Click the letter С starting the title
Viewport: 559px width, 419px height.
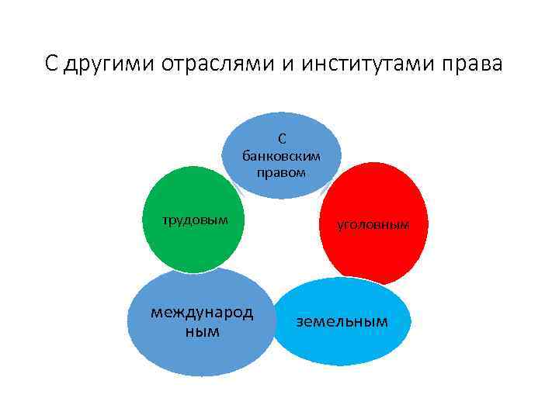[50, 64]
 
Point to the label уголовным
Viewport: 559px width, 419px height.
[373, 225]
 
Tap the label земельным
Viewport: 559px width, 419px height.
[342, 320]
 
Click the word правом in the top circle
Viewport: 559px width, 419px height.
[281, 171]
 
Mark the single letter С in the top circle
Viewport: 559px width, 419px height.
[281, 139]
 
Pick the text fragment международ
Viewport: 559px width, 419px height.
[202, 313]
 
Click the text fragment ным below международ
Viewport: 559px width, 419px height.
[202, 331]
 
